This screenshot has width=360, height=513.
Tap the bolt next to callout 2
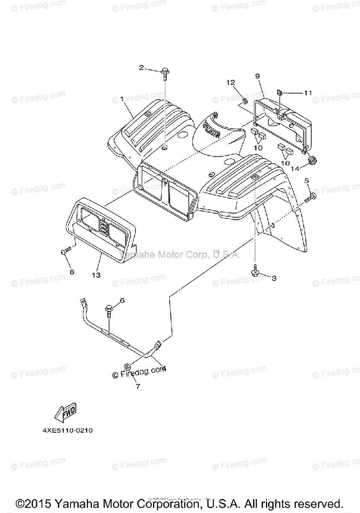[165, 74]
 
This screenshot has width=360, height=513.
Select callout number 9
[257, 76]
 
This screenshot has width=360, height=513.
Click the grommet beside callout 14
[313, 159]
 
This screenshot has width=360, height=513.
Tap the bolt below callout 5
[310, 198]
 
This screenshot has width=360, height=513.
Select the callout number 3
[274, 278]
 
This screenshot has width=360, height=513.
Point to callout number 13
[96, 275]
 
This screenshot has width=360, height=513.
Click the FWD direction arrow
[65, 412]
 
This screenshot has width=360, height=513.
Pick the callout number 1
[122, 99]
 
